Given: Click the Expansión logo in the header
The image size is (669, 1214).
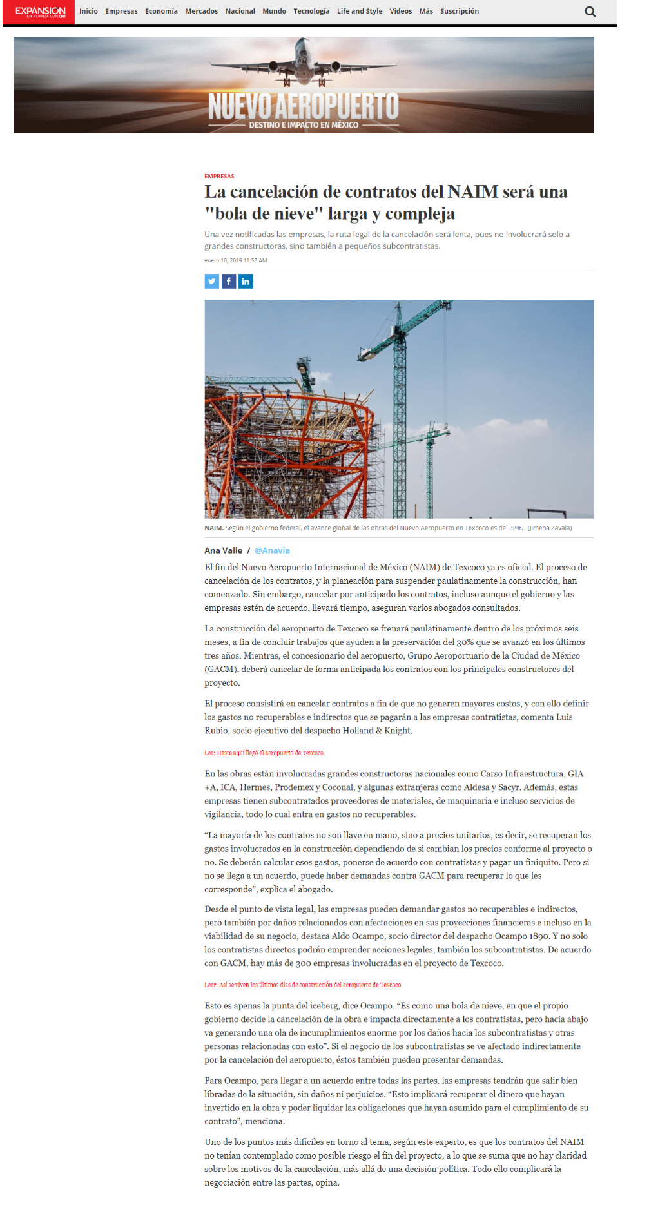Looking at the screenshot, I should pyautogui.click(x=40, y=12).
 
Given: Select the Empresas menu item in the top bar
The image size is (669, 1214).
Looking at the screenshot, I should pyautogui.click(x=121, y=11).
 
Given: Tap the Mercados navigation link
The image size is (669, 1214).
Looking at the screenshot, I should pyautogui.click(x=201, y=11).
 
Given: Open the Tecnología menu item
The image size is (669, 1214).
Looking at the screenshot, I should pyautogui.click(x=311, y=11).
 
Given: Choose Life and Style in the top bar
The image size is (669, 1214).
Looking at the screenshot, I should pyautogui.click(x=359, y=11).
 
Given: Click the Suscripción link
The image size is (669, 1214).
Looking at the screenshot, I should pyautogui.click(x=459, y=11).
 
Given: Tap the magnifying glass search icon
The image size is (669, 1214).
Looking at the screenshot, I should pyautogui.click(x=590, y=12).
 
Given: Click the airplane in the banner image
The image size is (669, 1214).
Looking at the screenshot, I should pyautogui.click(x=303, y=64).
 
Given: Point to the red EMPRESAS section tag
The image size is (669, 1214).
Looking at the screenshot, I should pyautogui.click(x=219, y=176).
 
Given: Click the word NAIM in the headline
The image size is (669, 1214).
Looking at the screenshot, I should pyautogui.click(x=472, y=192).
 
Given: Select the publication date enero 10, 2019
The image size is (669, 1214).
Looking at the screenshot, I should pyautogui.click(x=235, y=260).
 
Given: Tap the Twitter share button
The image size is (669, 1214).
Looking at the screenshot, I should pyautogui.click(x=212, y=281).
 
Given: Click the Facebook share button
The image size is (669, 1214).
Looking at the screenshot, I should pyautogui.click(x=229, y=281).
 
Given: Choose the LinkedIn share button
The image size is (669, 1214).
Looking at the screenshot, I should pyautogui.click(x=246, y=281).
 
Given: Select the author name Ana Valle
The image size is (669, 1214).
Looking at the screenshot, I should pyautogui.click(x=223, y=550).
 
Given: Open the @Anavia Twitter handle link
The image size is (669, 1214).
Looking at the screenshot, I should pyautogui.click(x=272, y=550).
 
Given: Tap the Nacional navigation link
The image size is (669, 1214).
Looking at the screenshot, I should pyautogui.click(x=240, y=11).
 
